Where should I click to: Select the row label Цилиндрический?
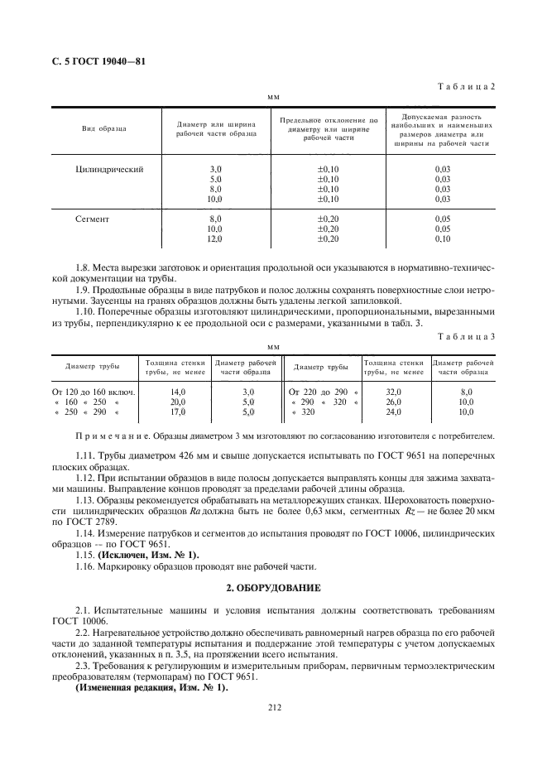point(109,169)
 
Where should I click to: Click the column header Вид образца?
point(103,130)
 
